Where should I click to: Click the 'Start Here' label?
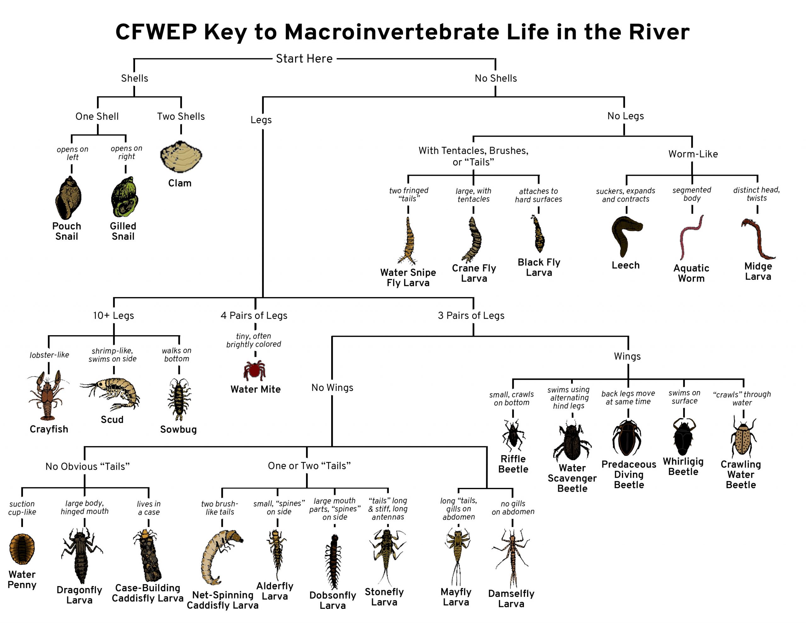point(304,59)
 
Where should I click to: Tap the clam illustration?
point(181,157)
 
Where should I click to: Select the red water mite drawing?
point(254,370)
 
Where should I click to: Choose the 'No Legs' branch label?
point(625,116)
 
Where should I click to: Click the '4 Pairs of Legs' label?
point(254,315)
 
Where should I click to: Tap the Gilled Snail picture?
point(125,197)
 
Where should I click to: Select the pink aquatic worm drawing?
point(690,237)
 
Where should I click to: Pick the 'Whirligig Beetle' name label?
point(683,466)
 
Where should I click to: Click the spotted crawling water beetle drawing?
point(742,438)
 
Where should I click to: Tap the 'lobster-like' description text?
point(49,355)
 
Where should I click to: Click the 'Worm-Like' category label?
point(693,154)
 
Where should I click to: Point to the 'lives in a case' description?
point(148,508)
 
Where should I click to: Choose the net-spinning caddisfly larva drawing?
point(221,556)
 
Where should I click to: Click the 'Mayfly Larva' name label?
point(456,597)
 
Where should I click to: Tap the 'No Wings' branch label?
point(332,387)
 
